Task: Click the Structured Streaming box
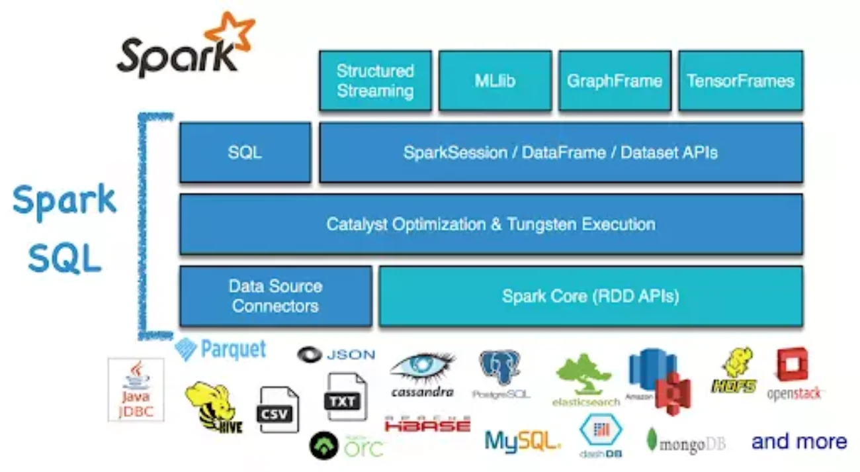(375, 81)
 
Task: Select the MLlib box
(495, 81)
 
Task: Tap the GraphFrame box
(615, 81)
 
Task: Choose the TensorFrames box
(740, 81)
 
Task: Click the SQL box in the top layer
(245, 152)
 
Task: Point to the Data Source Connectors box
(275, 296)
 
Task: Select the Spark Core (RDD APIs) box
(590, 296)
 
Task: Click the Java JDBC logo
(136, 390)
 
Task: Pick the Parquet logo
(221, 349)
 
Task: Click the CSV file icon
(278, 410)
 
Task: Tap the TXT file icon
(345, 397)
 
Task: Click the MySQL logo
(522, 441)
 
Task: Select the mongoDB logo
(685, 442)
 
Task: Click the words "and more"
(799, 442)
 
